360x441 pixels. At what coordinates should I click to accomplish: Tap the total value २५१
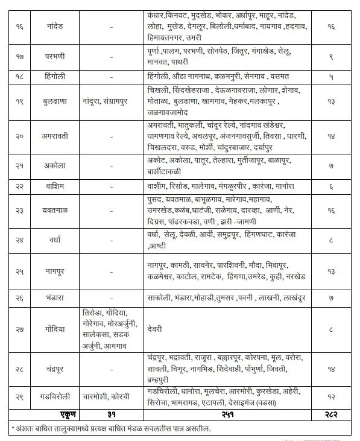(229, 414)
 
